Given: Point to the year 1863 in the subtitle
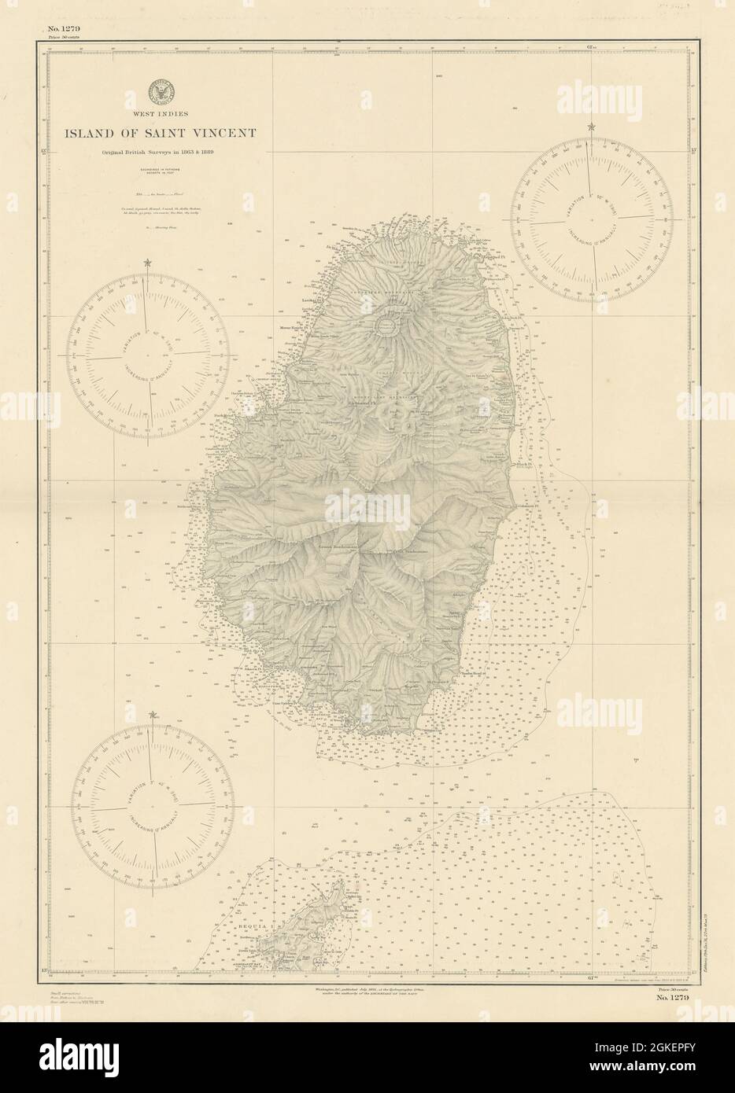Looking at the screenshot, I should click(x=212, y=152).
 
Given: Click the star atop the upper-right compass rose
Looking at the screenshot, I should click(x=590, y=127).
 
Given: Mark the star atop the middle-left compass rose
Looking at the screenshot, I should click(x=147, y=263).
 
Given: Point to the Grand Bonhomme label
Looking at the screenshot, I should click(x=338, y=546).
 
